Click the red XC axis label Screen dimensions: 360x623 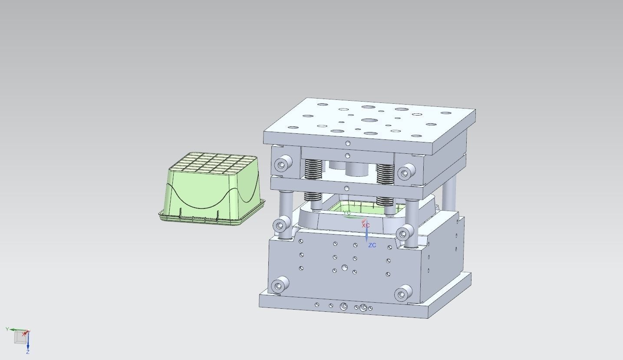366,225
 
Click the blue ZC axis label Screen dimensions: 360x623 372,245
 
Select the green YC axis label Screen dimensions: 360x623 346,213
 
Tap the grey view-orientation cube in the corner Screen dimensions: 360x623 20,337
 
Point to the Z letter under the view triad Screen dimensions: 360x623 27,352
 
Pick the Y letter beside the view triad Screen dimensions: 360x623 7,329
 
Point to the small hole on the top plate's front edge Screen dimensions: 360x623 348,143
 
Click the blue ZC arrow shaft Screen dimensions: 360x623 367,234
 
